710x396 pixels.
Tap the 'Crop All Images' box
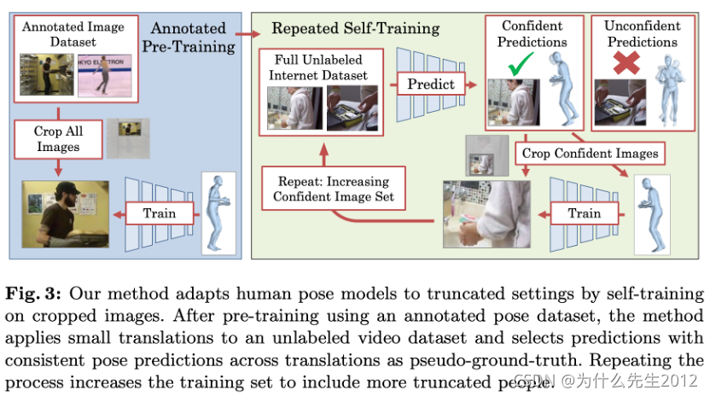[x=58, y=139]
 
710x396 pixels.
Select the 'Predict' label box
[x=430, y=84]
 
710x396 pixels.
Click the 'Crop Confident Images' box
[x=590, y=154]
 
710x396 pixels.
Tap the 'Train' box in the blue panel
[x=159, y=213]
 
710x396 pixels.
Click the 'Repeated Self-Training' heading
[x=355, y=29]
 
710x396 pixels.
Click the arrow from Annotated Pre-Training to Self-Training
[x=246, y=35]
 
